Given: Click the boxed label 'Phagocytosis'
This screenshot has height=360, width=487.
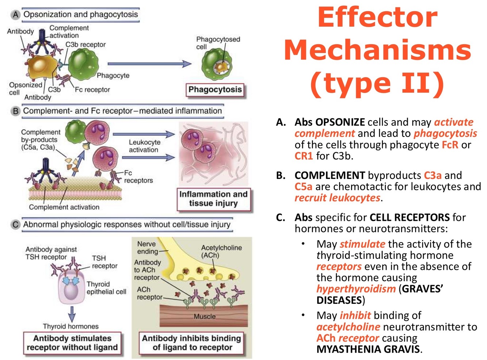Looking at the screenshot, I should pyautogui.click(x=215, y=89).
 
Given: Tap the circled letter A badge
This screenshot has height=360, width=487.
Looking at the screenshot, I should pyautogui.click(x=15, y=15).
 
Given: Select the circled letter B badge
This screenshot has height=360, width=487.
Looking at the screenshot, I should pyautogui.click(x=15, y=111).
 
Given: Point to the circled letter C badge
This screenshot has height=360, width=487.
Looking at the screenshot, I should pyautogui.click(x=15, y=225).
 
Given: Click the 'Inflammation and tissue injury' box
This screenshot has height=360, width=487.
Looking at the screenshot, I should pyautogui.click(x=214, y=199).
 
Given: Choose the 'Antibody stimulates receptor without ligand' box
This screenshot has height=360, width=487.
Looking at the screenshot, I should pyautogui.click(x=72, y=343).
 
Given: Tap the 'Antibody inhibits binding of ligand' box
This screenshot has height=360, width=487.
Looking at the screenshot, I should pyautogui.click(x=192, y=343).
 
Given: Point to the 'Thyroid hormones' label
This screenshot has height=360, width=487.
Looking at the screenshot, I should pyautogui.click(x=70, y=326).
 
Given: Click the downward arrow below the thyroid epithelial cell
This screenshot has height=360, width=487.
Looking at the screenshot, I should pyautogui.click(x=72, y=313).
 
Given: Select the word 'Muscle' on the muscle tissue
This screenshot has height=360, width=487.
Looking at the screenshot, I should pyautogui.click(x=204, y=317).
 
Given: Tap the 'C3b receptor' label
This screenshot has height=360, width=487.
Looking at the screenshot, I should pyautogui.click(x=85, y=45).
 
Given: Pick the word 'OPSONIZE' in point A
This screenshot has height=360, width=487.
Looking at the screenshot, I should pyautogui.click(x=340, y=122).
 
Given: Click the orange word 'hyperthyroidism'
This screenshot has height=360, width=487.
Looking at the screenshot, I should pyautogui.click(x=356, y=289).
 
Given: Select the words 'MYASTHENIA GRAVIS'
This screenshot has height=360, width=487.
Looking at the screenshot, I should pyautogui.click(x=368, y=349).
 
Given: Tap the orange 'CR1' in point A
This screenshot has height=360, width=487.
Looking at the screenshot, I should pyautogui.click(x=304, y=156).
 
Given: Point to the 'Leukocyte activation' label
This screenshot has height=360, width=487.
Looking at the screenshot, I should pyautogui.click(x=144, y=146).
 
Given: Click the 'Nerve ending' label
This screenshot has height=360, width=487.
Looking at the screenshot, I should pyautogui.click(x=146, y=247).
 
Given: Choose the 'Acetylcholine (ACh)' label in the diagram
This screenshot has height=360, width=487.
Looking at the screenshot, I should pyautogui.click(x=221, y=251).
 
